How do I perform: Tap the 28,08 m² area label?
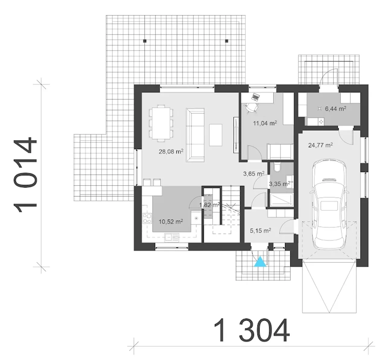pos(171,151)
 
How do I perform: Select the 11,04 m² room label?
pos(265,123)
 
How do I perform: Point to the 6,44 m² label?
pos(336,109)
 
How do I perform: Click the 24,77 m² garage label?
pos(321,145)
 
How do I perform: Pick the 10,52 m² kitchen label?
pos(171,221)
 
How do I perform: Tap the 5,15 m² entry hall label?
pos(261,231)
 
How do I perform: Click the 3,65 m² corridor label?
pos(254,174)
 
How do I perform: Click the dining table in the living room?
pos(161,123)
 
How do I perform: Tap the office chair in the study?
pos(251,108)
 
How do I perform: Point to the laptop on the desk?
pos(256,97)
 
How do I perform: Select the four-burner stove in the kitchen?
pos(147,218)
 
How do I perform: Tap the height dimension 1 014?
pos(25,175)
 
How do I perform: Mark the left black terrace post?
pos(145,41)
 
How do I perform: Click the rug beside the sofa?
pos(216,135)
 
